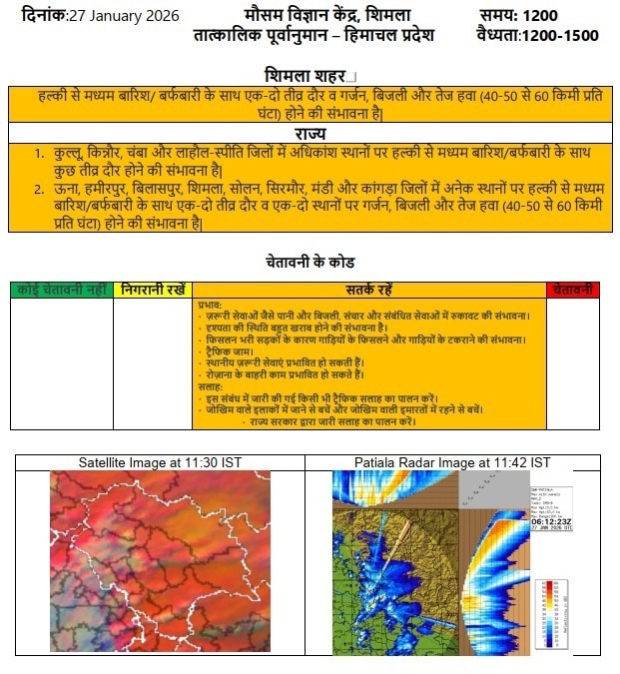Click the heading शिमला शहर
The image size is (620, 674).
coord(306,75)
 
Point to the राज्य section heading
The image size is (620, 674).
coord(310,134)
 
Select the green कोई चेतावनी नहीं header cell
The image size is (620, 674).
coord(62,290)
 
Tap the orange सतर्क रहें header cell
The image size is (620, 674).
coord(369,290)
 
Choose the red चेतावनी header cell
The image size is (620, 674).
coord(573,290)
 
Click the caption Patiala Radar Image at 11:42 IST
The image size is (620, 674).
coord(451,462)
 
